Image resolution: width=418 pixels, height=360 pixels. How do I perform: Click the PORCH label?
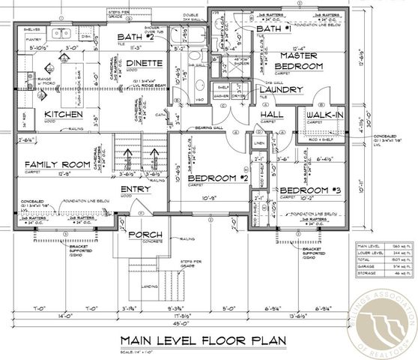[x=145, y=235]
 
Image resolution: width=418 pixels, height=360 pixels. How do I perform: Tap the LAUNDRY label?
[x=280, y=90]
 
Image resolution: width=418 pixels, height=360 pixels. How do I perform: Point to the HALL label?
[x=270, y=115]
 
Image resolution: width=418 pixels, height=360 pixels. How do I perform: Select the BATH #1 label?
[x=273, y=28]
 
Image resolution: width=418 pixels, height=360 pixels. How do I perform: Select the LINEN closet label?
[x=260, y=142]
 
